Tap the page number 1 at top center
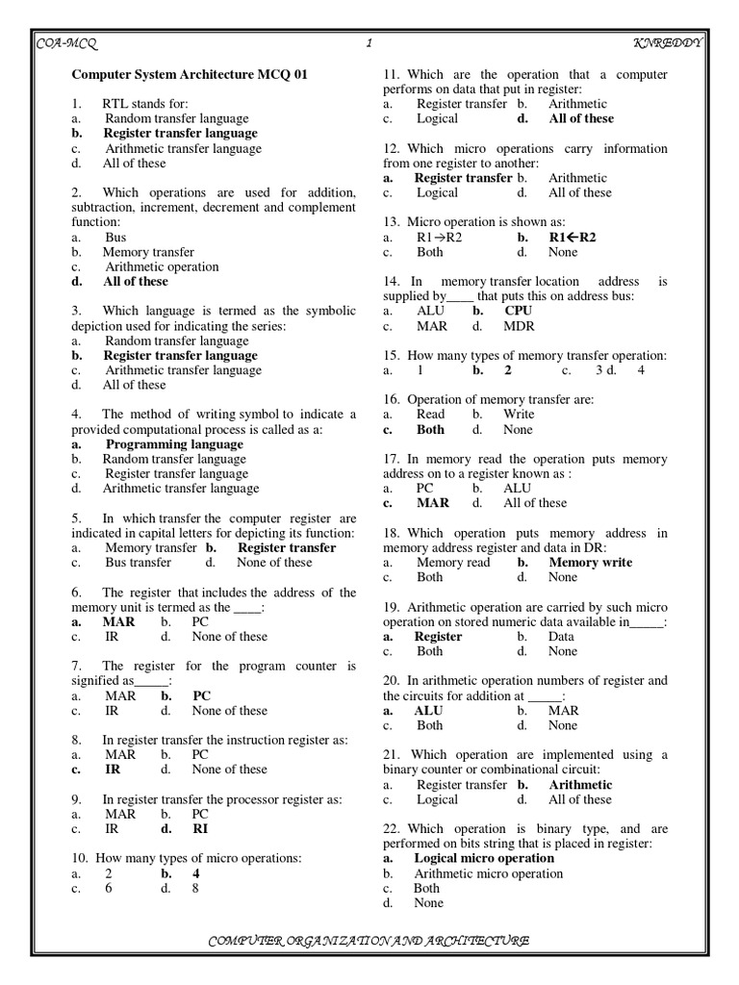369,43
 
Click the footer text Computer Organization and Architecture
369,940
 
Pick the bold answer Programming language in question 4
174,444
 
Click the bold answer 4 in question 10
195,873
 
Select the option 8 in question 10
195,889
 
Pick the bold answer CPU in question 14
518,311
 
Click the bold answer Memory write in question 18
590,563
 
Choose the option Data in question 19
561,637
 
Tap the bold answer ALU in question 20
428,711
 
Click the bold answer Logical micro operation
484,858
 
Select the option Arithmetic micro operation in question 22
488,873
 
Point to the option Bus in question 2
115,237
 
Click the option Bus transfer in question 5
139,563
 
